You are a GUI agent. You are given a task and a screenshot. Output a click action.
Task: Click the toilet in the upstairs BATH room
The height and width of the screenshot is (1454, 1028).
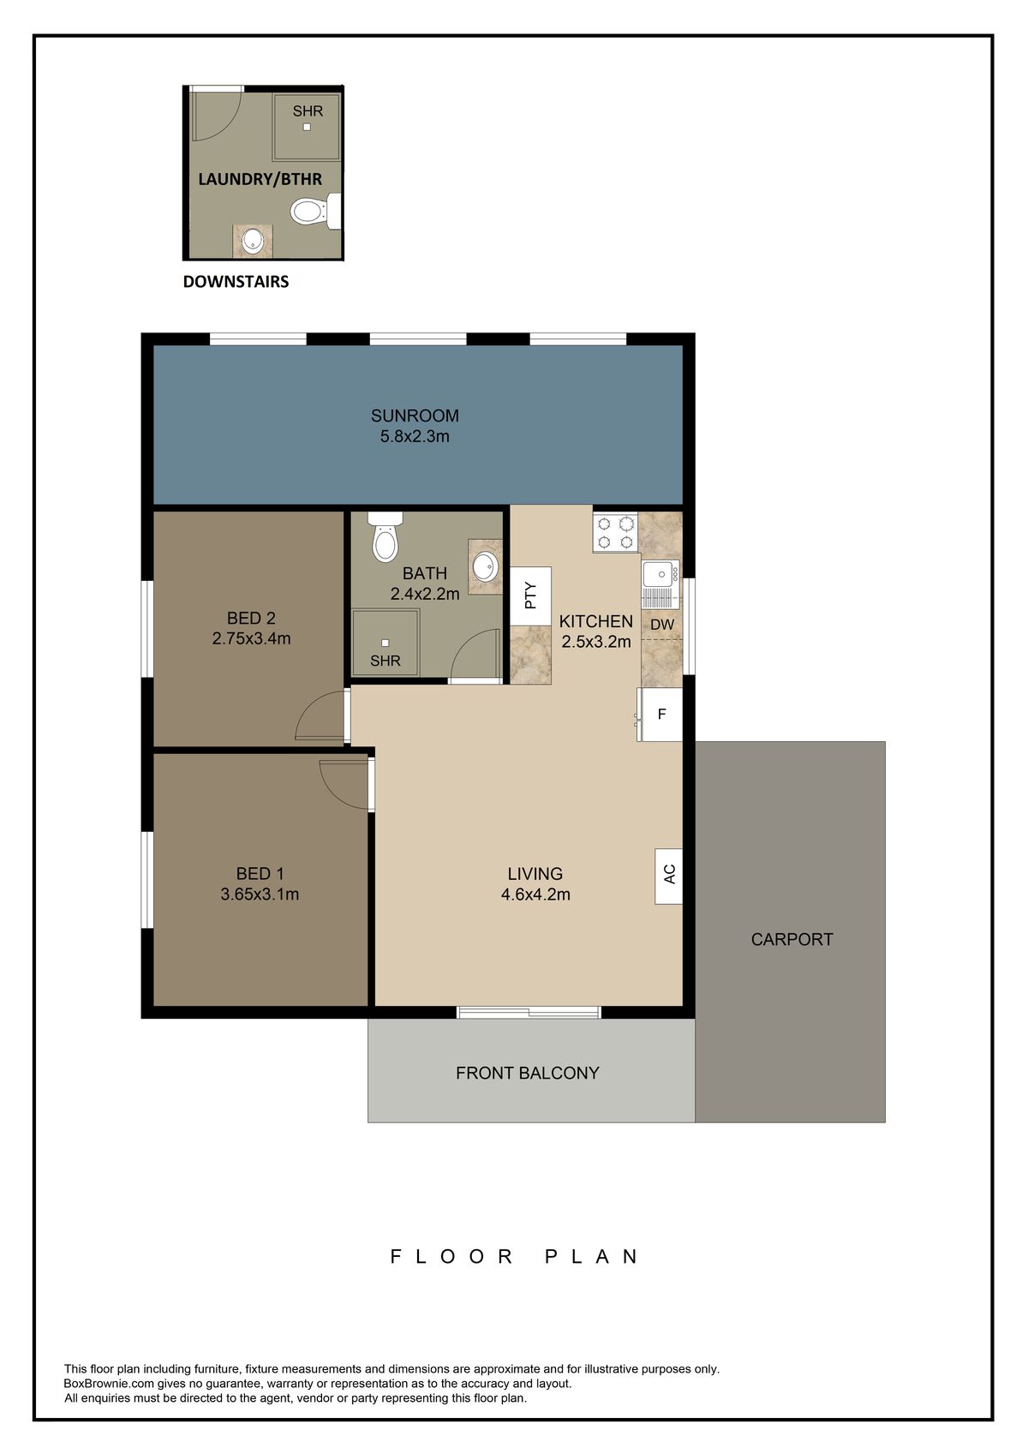click(x=385, y=536)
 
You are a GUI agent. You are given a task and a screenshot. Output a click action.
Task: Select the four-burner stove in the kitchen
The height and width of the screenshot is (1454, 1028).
click(x=615, y=532)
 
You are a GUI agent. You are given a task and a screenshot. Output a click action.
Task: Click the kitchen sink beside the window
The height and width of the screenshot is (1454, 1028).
click(x=660, y=583)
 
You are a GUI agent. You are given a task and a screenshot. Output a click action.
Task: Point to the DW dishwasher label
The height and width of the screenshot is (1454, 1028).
click(x=662, y=625)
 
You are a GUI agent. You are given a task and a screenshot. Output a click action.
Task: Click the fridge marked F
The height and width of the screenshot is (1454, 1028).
click(x=660, y=714)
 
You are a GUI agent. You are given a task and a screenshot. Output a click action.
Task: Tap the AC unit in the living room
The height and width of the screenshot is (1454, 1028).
click(x=668, y=876)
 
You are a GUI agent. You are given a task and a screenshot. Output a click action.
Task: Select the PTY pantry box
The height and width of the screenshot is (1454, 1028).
click(x=530, y=595)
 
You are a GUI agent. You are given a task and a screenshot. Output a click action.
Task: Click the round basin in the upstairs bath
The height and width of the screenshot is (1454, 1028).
click(x=484, y=566)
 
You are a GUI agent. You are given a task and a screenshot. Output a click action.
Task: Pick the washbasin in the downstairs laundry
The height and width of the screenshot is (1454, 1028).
click(x=253, y=242)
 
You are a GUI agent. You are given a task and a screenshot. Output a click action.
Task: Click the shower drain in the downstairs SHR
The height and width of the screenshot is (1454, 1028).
click(x=307, y=127)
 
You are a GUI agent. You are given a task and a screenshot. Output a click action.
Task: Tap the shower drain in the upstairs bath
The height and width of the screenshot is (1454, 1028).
click(x=385, y=643)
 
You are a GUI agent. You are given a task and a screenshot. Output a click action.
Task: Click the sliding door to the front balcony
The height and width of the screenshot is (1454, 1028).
click(x=529, y=1011)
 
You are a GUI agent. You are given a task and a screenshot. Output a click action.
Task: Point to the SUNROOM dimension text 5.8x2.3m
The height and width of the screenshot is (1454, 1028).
click(x=415, y=436)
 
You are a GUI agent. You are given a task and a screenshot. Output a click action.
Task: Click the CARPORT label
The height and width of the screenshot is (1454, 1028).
click(x=792, y=939)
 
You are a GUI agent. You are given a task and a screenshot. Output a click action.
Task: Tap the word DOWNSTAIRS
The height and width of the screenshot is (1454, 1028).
click(x=236, y=282)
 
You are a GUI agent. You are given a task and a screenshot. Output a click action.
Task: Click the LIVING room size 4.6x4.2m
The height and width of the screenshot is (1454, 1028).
click(x=535, y=895)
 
